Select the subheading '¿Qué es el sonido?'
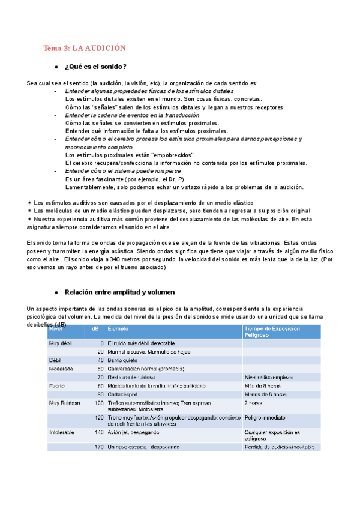[x=95, y=66]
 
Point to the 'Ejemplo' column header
[x=118, y=329]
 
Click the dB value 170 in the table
[x=99, y=447]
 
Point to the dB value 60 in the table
[x=100, y=368]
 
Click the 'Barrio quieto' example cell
[x=125, y=360]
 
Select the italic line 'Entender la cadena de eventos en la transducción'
[x=132, y=115]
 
